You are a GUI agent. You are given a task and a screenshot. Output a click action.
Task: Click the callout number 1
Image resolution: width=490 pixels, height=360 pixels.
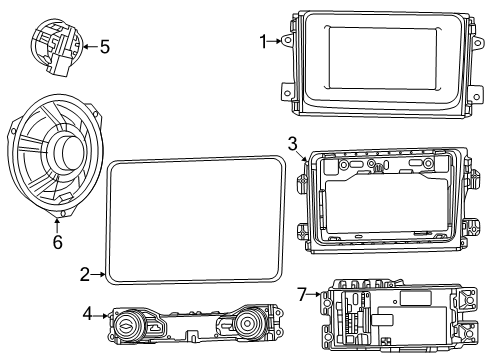click(x=264, y=41)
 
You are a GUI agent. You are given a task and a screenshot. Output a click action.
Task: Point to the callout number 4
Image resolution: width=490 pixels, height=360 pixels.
click(x=88, y=315)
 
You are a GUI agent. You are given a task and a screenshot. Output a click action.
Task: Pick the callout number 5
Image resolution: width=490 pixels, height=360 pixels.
click(x=104, y=45)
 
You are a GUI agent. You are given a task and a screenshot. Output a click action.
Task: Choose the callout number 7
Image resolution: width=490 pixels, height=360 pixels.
click(x=303, y=293)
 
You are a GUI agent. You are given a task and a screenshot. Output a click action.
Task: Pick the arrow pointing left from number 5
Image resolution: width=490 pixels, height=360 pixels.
click(x=89, y=45)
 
